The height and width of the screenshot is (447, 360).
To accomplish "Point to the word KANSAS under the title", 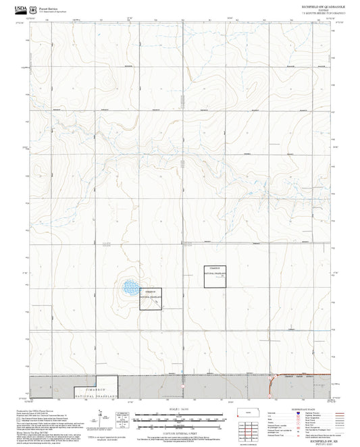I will pyautogui.click(x=313, y=10).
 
